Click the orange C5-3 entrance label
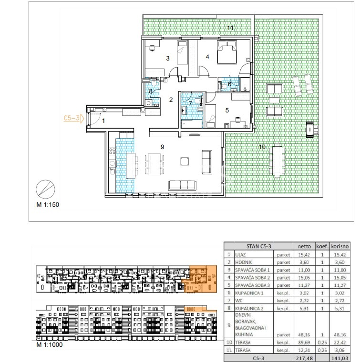coord(72,118)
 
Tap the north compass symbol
coord(45,189)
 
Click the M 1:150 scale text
coord(48,205)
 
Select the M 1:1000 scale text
coord(50,344)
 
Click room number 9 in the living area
coord(162,147)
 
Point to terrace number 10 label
coord(262,147)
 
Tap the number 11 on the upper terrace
coord(230,28)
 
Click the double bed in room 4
coord(227,52)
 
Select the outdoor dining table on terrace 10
coord(277,160)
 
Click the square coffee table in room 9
coord(185,161)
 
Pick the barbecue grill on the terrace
coord(311,130)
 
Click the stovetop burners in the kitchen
coord(112,151)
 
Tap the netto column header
coord(304,246)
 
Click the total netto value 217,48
coord(304,358)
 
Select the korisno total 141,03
coord(340,358)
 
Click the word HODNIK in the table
coord(244,262)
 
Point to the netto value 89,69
coord(304,343)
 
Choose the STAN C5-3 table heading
coord(258,246)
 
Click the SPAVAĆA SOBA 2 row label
coord(253,278)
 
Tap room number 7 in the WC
coord(190,103)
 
